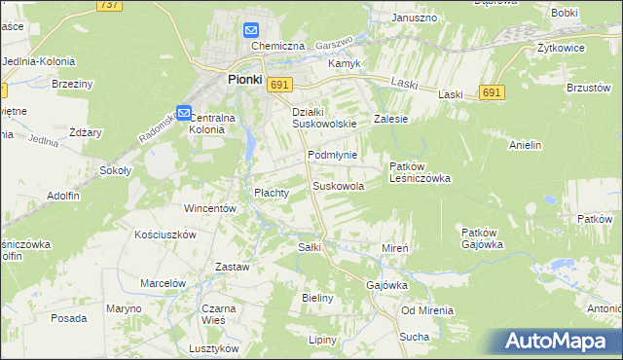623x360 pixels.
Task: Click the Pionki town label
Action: (244, 81)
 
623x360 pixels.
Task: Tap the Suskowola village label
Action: (339, 186)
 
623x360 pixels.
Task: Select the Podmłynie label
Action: (333, 156)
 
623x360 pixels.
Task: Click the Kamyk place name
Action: (345, 63)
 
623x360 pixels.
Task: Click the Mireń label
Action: (394, 249)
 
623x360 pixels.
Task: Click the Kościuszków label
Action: (166, 234)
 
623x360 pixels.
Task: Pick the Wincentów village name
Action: (210, 208)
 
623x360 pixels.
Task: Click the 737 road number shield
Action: (109, 6)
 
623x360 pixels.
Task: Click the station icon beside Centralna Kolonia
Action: (185, 112)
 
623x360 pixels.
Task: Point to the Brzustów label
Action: (587, 87)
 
